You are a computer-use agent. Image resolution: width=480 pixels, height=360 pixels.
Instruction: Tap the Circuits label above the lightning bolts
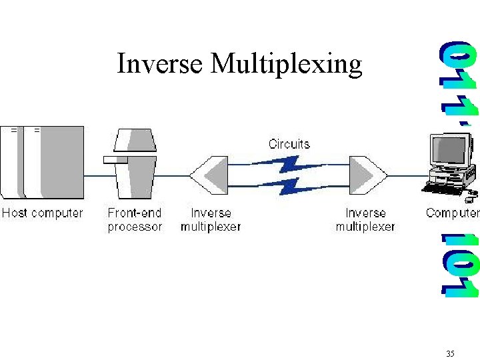point(289,143)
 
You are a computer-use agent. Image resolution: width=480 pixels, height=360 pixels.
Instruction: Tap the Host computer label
point(42,213)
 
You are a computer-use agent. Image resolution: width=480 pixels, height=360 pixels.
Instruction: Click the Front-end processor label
point(135,220)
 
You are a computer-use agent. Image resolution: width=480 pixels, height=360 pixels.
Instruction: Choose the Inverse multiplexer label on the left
point(211,220)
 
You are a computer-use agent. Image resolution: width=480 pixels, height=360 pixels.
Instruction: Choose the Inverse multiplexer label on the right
point(365,220)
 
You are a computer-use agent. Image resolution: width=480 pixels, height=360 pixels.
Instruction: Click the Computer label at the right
point(452,213)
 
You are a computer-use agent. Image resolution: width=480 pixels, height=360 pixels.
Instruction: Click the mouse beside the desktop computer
point(471,197)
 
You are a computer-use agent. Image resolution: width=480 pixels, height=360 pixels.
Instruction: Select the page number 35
point(450,353)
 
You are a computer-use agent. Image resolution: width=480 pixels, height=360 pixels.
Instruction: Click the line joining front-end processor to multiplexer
point(173,176)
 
